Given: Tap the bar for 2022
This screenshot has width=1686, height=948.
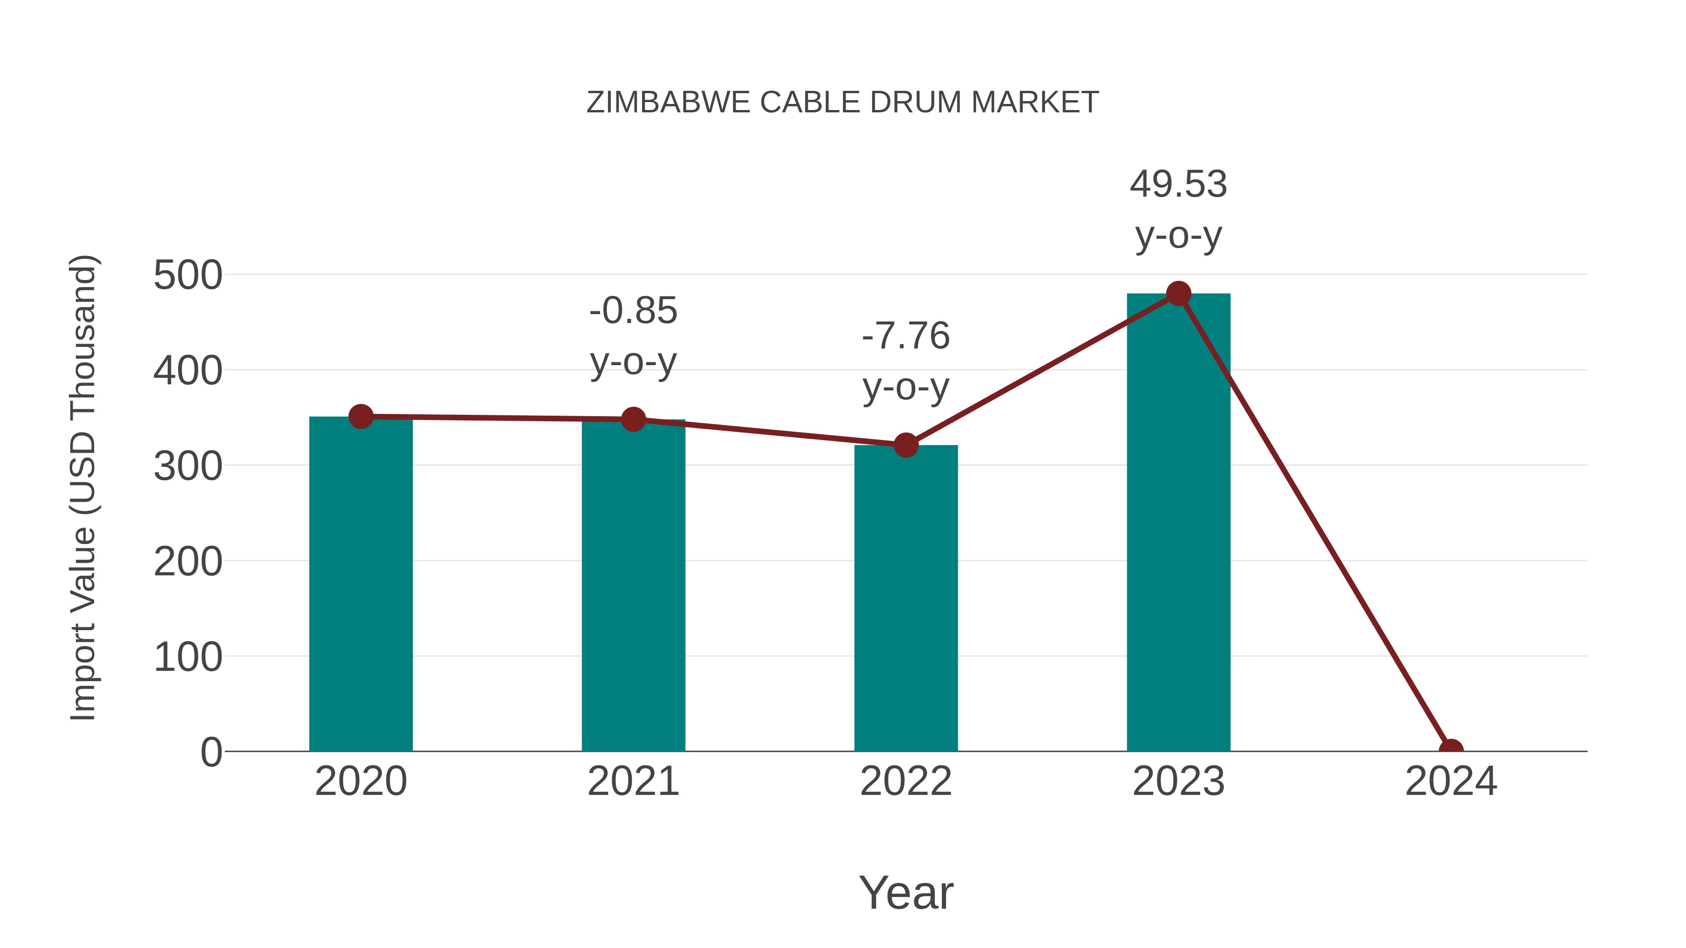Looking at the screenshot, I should (906, 599).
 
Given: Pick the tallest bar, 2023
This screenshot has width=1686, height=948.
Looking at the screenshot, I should (1178, 523).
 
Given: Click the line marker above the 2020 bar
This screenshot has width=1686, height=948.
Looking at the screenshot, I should (361, 416).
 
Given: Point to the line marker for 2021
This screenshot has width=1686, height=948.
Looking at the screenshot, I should (633, 419).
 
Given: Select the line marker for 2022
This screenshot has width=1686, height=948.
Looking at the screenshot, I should (906, 445).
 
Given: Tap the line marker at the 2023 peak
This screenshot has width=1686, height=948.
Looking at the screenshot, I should (1178, 294).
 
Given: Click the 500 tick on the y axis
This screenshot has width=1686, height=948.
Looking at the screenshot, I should (188, 275).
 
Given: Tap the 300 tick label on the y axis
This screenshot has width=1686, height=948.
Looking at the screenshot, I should (188, 466).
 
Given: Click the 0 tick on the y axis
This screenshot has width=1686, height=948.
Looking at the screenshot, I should (211, 752).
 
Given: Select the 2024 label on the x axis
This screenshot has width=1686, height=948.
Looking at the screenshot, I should (1451, 781).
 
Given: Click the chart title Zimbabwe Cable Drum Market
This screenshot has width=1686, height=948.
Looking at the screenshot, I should (843, 103).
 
